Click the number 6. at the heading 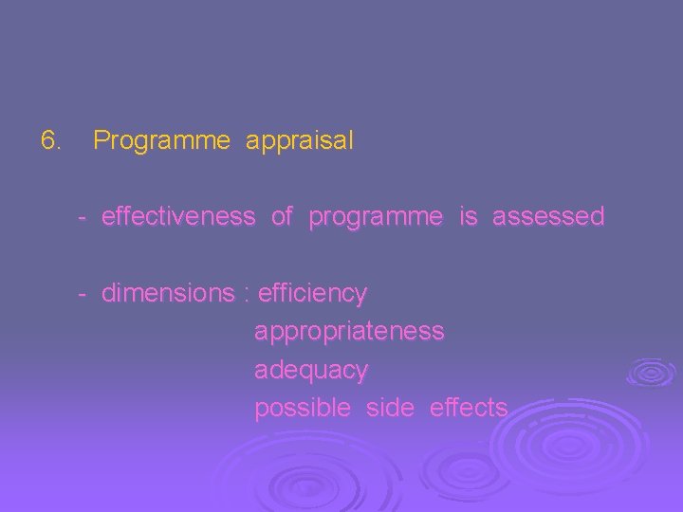[x=51, y=141]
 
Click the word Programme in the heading [x=162, y=142]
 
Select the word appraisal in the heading [x=300, y=142]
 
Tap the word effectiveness [x=178, y=217]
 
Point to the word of [x=282, y=217]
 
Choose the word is [x=468, y=217]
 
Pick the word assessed [x=548, y=217]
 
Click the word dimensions [x=167, y=294]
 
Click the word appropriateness [x=349, y=333]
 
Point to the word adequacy [x=311, y=371]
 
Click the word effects [x=469, y=408]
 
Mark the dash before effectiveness [x=83, y=218]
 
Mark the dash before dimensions [x=83, y=295]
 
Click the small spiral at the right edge [x=652, y=371]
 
